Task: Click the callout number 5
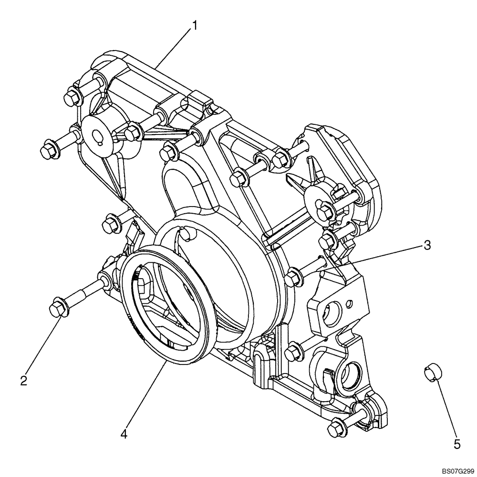(456, 444)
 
